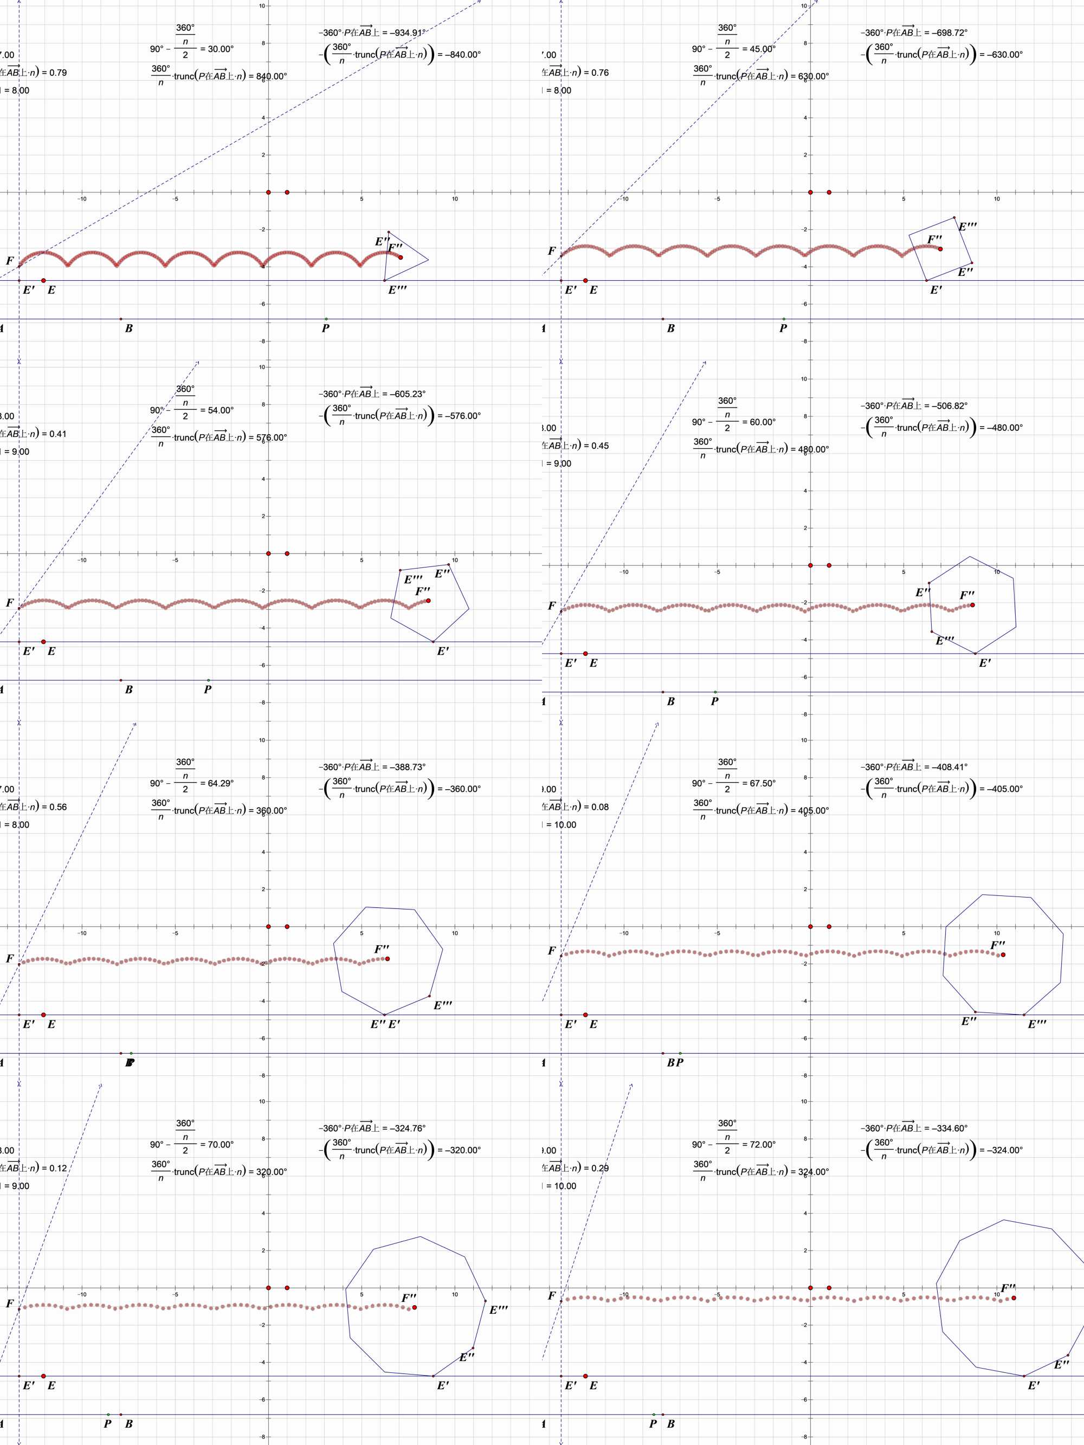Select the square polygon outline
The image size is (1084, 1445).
(x=941, y=249)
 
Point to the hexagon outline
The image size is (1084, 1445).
(x=972, y=605)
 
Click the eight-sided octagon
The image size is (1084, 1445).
(x=1003, y=954)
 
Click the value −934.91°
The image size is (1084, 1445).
(x=406, y=33)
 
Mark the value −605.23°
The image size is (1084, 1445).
(x=406, y=394)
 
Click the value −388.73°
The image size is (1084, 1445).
(x=406, y=767)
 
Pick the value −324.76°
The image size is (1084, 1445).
(x=406, y=1128)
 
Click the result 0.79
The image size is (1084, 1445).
(x=58, y=73)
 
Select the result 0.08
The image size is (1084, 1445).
(x=600, y=807)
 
